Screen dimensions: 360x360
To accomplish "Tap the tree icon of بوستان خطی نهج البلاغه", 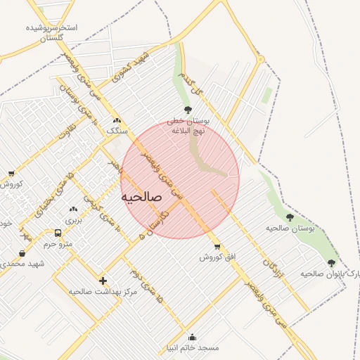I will (x=188, y=110).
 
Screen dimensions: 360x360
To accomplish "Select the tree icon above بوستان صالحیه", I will (x=290, y=217).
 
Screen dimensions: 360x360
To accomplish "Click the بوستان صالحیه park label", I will (x=288, y=229).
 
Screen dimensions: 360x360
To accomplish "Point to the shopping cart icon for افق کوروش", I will (x=217, y=247).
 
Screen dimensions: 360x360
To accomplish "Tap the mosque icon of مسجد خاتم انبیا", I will (x=193, y=337).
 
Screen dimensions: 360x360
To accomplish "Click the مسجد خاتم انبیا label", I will (x=193, y=347).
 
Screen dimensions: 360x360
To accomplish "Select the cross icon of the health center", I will (x=103, y=280).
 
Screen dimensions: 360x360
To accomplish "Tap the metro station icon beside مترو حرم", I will (x=58, y=233).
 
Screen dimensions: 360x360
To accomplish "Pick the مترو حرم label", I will (x=58, y=243).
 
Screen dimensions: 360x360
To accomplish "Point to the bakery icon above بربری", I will (x=74, y=210).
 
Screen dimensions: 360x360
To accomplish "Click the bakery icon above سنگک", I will (x=116, y=120).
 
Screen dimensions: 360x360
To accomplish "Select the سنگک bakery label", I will (x=116, y=131).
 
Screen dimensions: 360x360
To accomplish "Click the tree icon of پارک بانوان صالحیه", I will (x=331, y=263).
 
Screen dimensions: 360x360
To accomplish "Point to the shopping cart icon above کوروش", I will (x=11, y=174).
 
